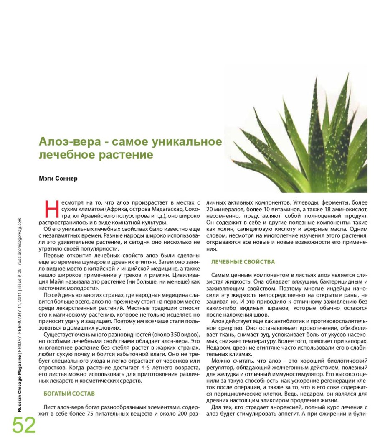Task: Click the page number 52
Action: click(x=24, y=425)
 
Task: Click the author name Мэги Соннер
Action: click(x=58, y=179)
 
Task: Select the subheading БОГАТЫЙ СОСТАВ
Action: click(x=69, y=394)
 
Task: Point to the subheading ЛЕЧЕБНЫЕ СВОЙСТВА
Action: click(x=243, y=262)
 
